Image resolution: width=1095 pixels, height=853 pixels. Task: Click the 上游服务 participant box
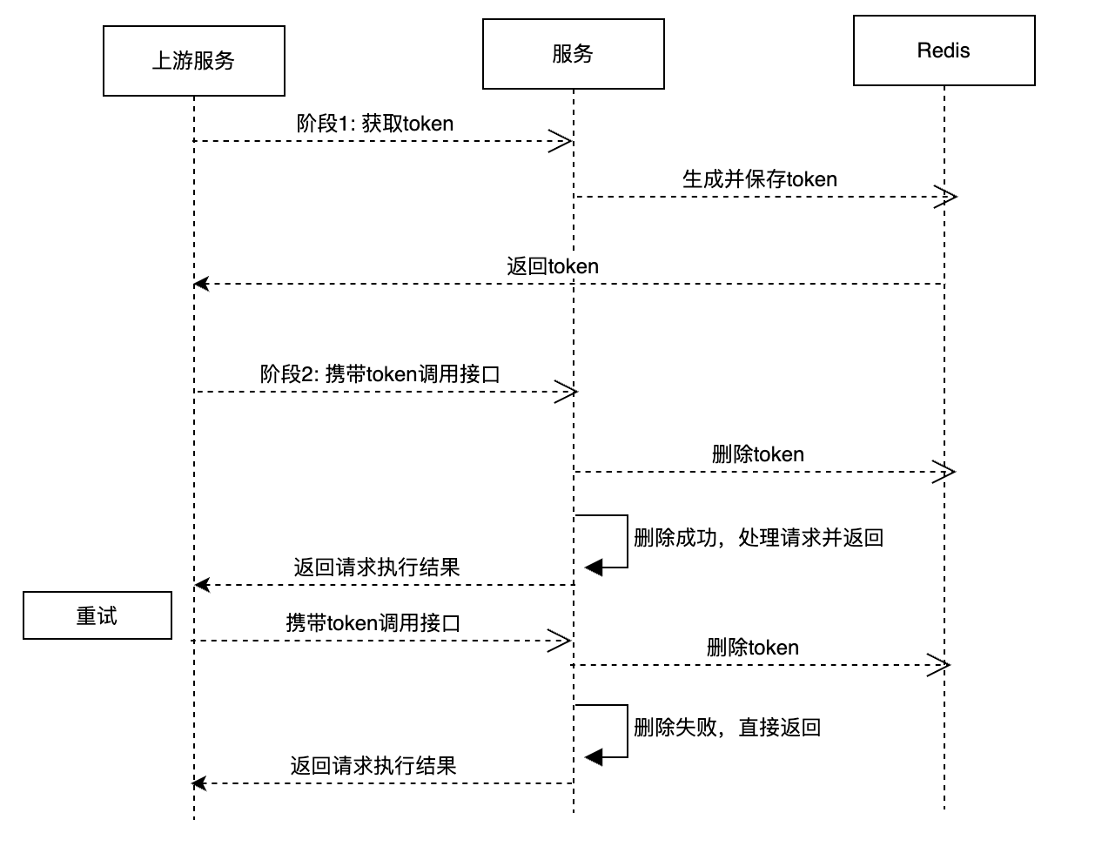193,61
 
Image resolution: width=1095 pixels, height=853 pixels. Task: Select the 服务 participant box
573,54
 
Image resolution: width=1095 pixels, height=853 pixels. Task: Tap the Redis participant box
944,50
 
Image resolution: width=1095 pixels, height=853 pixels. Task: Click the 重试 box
97,616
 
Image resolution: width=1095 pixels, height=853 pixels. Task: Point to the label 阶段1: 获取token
374,124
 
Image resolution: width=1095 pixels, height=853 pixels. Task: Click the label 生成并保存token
759,179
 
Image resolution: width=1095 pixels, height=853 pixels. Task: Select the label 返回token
553,266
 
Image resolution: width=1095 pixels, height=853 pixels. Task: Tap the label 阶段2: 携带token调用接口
380,374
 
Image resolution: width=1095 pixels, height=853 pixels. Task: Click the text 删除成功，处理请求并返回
758,538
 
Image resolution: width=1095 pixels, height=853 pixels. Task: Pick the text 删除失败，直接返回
727,728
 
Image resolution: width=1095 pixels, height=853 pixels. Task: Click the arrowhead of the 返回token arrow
202,284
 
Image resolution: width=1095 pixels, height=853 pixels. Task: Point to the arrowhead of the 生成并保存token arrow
947,197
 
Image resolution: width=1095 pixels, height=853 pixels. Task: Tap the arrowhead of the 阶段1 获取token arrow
561,141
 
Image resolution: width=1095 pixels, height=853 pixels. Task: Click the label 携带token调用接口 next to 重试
373,623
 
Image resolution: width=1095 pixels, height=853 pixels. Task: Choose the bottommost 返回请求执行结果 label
373,766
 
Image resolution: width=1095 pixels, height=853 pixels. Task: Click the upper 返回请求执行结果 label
376,568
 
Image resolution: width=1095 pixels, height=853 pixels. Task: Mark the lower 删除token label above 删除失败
752,648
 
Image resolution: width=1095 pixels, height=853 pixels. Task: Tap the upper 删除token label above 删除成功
757,454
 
